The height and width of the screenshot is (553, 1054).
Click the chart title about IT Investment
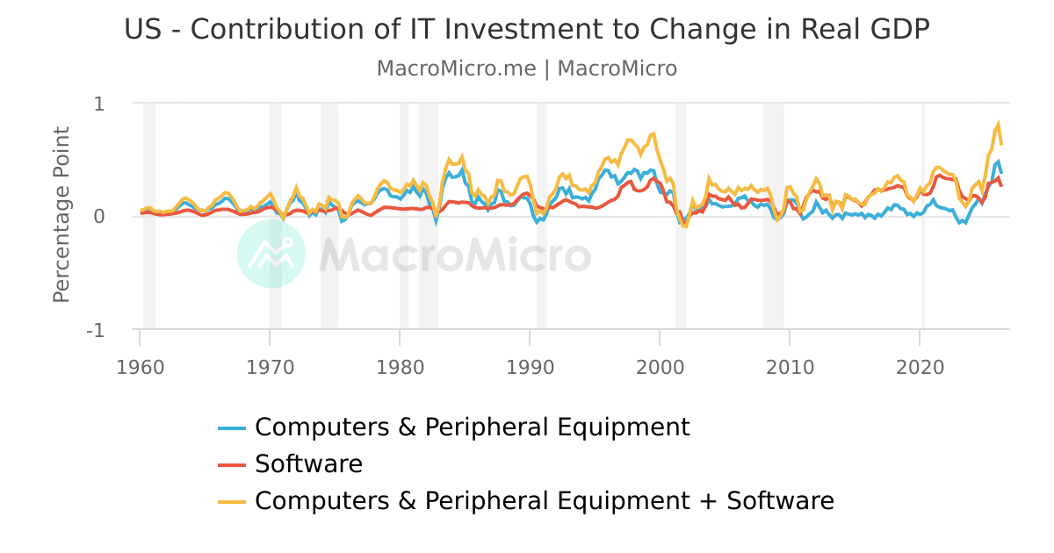[x=527, y=29]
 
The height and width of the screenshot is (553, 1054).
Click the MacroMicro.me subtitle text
[x=527, y=68]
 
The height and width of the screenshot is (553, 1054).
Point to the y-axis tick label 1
[x=98, y=104]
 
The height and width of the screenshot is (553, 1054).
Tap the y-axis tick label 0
[x=98, y=217]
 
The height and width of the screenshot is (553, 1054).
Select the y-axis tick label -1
[x=96, y=331]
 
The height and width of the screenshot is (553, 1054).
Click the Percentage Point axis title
[x=61, y=214]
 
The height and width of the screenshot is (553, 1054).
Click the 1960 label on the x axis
[x=141, y=368]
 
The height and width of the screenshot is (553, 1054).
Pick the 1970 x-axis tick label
[x=271, y=368]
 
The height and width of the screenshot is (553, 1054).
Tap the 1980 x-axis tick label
[x=400, y=368]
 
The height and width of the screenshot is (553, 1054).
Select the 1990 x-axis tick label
[x=530, y=368]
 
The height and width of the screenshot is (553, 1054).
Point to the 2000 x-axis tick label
[x=660, y=368]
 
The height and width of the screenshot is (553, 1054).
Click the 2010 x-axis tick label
[x=790, y=368]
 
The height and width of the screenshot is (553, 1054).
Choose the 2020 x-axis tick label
[x=920, y=368]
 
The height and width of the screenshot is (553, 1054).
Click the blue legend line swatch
[x=232, y=428]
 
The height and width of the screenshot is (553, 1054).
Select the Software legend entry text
[x=308, y=464]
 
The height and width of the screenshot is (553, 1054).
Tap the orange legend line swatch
[x=232, y=502]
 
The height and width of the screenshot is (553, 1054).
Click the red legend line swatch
[x=232, y=465]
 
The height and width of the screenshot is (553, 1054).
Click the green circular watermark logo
[x=271, y=254]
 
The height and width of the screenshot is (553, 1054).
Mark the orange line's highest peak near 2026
[x=998, y=124]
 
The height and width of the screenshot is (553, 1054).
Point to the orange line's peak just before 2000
[x=653, y=134]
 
